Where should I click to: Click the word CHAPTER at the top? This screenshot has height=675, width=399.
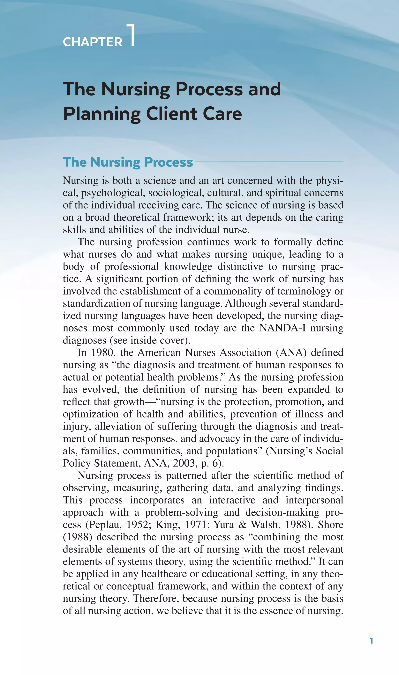click(x=93, y=42)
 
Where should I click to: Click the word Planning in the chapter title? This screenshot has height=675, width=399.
click(x=102, y=114)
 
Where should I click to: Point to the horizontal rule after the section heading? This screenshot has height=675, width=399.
click(x=269, y=162)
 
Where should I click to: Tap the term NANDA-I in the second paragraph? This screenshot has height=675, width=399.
click(x=282, y=328)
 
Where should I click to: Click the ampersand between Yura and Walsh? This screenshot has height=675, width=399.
click(x=242, y=525)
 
